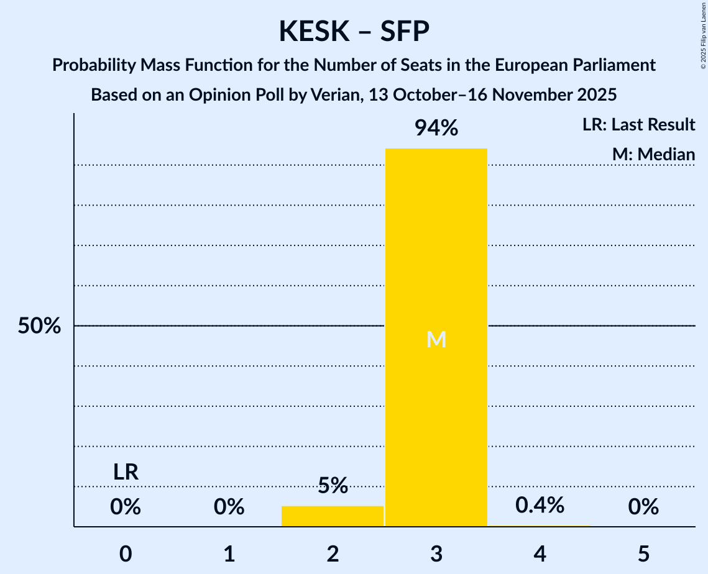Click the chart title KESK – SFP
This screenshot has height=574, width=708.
354,31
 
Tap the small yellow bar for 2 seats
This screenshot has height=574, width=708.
333,516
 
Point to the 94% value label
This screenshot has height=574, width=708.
436,129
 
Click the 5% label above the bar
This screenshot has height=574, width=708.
333,486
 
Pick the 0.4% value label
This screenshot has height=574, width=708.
540,505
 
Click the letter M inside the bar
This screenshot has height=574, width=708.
436,339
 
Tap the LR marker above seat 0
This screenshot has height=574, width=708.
126,472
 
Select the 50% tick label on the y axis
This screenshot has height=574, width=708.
39,326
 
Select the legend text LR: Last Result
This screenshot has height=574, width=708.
638,125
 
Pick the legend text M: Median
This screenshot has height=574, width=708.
653,154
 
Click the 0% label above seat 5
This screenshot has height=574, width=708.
643,508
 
